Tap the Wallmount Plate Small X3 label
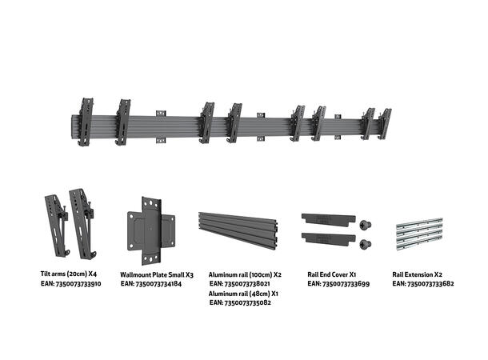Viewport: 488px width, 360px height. pyautogui.click(x=155, y=273)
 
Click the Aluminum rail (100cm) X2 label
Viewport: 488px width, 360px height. pyautogui.click(x=244, y=273)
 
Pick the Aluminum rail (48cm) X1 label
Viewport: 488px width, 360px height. pyautogui.click(x=243, y=293)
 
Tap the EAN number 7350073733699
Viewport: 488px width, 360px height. pyautogui.click(x=337, y=282)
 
